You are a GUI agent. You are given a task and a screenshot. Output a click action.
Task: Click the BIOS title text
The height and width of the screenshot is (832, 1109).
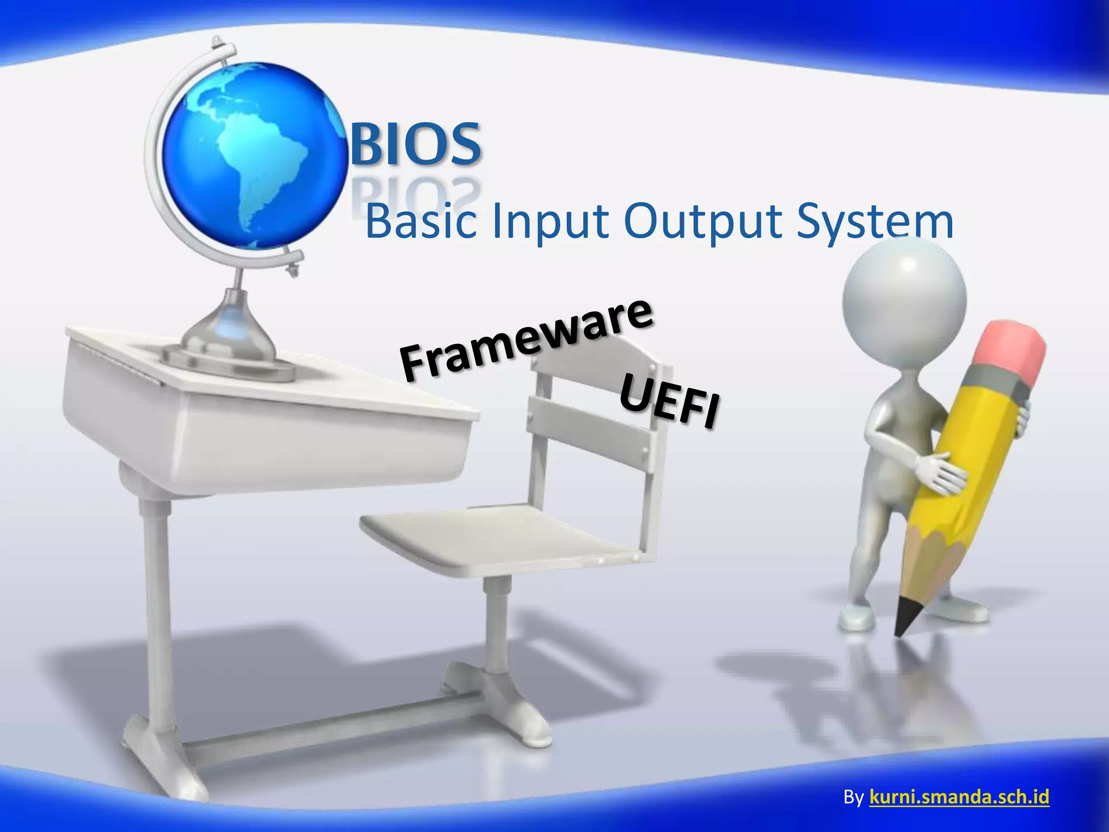point(416,144)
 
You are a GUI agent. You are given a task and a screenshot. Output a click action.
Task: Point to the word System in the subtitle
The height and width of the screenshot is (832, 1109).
point(875,222)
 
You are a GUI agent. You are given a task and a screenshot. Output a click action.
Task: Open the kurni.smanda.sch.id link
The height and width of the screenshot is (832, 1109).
point(959,797)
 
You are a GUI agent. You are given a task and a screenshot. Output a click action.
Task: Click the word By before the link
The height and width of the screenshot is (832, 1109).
point(853,797)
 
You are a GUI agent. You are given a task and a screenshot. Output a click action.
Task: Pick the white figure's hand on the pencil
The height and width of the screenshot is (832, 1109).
point(940,471)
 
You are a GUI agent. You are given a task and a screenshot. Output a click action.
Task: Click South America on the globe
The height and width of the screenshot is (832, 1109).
point(265,168)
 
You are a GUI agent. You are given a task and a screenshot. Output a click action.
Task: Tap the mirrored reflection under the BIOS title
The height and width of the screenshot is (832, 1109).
point(416,192)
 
